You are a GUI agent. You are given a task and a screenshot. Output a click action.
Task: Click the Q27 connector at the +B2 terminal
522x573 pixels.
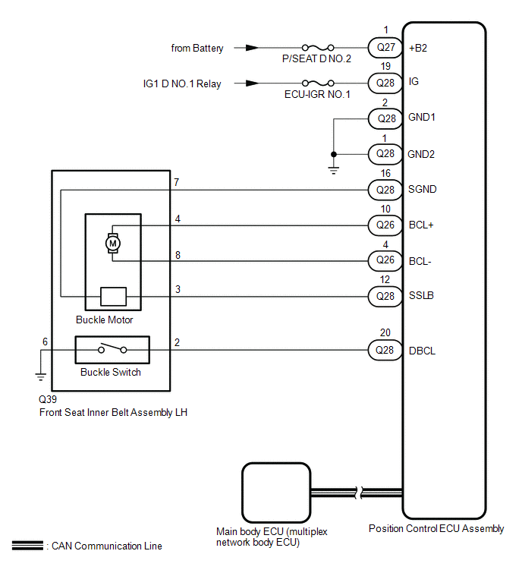tap(385, 47)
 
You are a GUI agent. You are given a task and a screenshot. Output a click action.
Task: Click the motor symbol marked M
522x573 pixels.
tap(112, 243)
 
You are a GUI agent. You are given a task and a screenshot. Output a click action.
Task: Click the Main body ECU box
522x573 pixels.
tap(275, 492)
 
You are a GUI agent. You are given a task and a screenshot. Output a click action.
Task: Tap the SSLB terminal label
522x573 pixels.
tap(421, 295)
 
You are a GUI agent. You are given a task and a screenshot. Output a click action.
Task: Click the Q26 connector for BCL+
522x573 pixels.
tap(385, 225)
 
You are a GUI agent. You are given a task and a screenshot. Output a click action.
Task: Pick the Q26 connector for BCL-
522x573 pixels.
tap(385, 260)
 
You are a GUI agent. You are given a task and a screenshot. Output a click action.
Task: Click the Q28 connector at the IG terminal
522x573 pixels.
tap(385, 83)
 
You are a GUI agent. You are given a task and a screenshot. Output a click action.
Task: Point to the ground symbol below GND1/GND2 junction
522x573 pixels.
tap(333, 169)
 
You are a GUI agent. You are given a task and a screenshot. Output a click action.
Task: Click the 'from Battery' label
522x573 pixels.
tap(197, 48)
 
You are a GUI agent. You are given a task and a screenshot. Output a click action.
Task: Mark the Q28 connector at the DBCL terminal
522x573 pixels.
tap(385, 351)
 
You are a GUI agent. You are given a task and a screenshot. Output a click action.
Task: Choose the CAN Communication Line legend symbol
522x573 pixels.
tap(27, 545)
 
